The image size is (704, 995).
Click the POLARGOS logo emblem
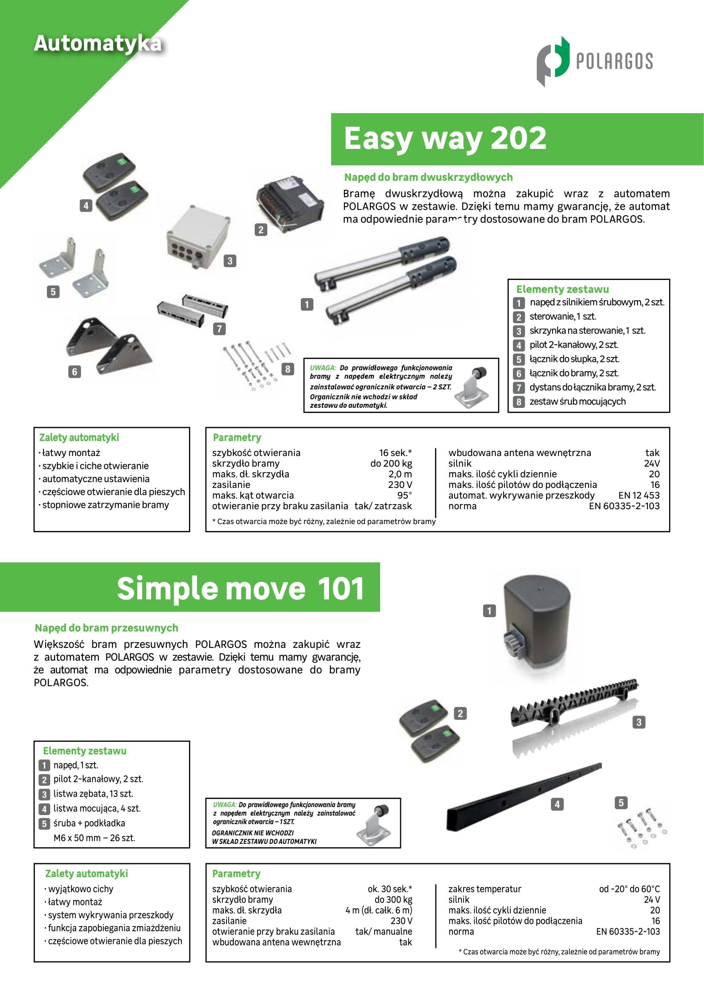[x=553, y=62]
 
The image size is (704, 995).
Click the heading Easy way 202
[x=445, y=138]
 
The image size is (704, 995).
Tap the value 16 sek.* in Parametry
[x=395, y=453]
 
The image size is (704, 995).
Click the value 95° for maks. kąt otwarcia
[x=404, y=495]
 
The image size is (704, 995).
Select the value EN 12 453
[x=639, y=495]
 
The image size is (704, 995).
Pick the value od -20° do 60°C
[x=630, y=889]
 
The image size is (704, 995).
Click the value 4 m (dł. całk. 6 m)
[x=379, y=910]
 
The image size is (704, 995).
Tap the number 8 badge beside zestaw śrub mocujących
[x=518, y=402]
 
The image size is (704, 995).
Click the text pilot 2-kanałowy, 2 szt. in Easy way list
[x=574, y=345]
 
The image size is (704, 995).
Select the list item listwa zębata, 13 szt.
[x=93, y=794]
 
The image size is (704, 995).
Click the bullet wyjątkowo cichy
[x=78, y=889]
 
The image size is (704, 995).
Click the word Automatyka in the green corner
[x=98, y=44]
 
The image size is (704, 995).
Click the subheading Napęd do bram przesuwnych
[x=107, y=628]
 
